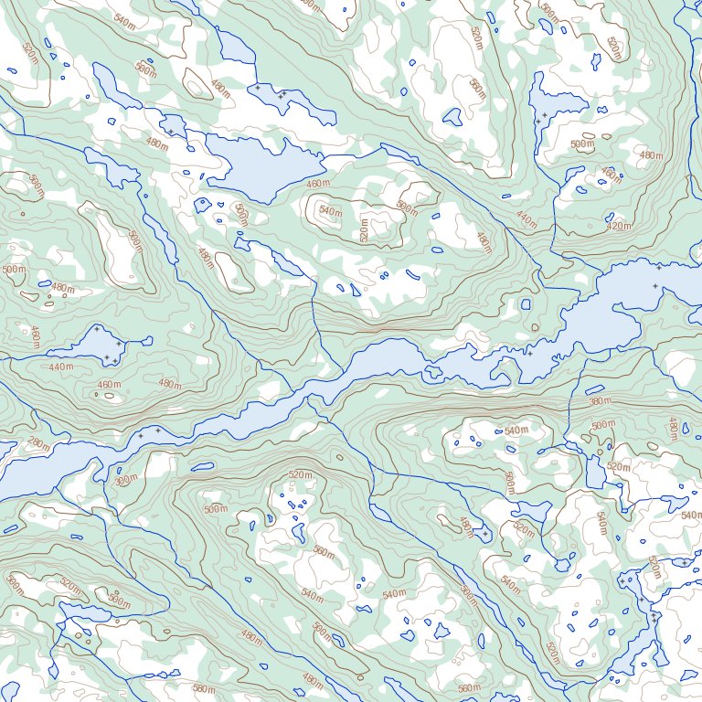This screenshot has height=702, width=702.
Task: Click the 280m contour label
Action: [x=38, y=443]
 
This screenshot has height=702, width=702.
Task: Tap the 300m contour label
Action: [x=126, y=479]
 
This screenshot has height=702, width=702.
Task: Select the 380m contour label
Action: [x=600, y=401]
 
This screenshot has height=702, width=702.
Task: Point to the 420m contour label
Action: [x=619, y=226]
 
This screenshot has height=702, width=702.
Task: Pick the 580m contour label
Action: [x=204, y=689]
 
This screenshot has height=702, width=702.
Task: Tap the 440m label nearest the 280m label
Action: [x=60, y=367]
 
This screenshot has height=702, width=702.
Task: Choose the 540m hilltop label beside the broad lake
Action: [x=331, y=212]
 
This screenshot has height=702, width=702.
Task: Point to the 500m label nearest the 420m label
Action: [x=581, y=144]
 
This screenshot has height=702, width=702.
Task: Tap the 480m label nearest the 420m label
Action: [x=651, y=155]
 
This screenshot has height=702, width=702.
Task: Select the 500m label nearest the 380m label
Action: [x=603, y=425]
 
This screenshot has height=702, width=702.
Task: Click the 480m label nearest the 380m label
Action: [x=673, y=426]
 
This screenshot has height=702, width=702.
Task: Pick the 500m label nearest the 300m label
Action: [x=216, y=509]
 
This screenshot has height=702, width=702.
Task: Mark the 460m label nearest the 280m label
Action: [x=109, y=385]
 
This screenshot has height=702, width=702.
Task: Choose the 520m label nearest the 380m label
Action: [x=619, y=466]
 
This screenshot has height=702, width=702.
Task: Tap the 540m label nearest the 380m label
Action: [x=516, y=431]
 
